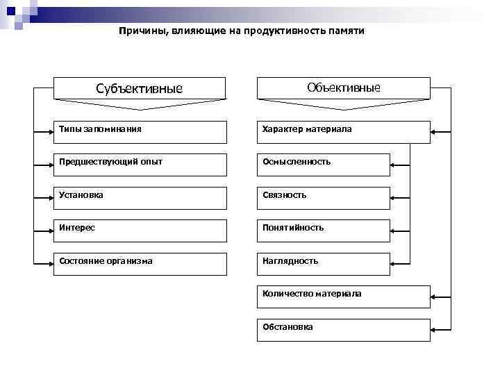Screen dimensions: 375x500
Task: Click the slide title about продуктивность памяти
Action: tap(241, 31)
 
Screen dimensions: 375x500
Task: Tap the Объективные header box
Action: tap(343, 88)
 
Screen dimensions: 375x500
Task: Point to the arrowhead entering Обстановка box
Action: tap(435, 330)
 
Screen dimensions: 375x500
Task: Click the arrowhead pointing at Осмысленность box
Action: tap(394, 165)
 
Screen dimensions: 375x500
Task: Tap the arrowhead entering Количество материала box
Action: tap(435, 297)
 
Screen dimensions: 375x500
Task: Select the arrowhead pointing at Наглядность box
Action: tap(394, 264)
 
